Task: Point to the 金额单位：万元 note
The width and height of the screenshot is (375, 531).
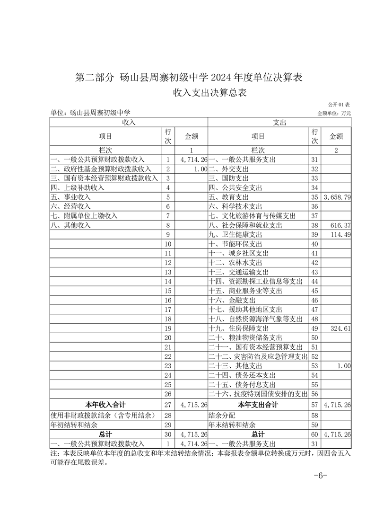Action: pyautogui.click(x=334, y=113)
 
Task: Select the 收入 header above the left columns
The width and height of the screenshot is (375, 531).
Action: pyautogui.click(x=129, y=122)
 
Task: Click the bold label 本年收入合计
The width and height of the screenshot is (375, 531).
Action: pyautogui.click(x=105, y=405)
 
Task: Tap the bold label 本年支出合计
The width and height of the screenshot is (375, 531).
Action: pyautogui.click(x=258, y=405)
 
